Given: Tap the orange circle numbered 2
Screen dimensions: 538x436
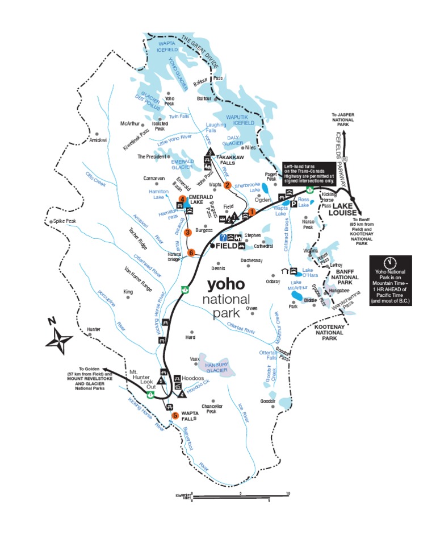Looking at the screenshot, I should [228, 185].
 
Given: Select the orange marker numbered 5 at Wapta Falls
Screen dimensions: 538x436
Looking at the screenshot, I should [175, 415].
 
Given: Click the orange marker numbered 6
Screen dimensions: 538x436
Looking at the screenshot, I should [191, 253].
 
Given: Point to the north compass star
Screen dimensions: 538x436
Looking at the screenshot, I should [60, 341].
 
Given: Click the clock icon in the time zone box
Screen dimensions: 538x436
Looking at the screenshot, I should [389, 263].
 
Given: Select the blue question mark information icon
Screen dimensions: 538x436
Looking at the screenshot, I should [224, 237].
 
